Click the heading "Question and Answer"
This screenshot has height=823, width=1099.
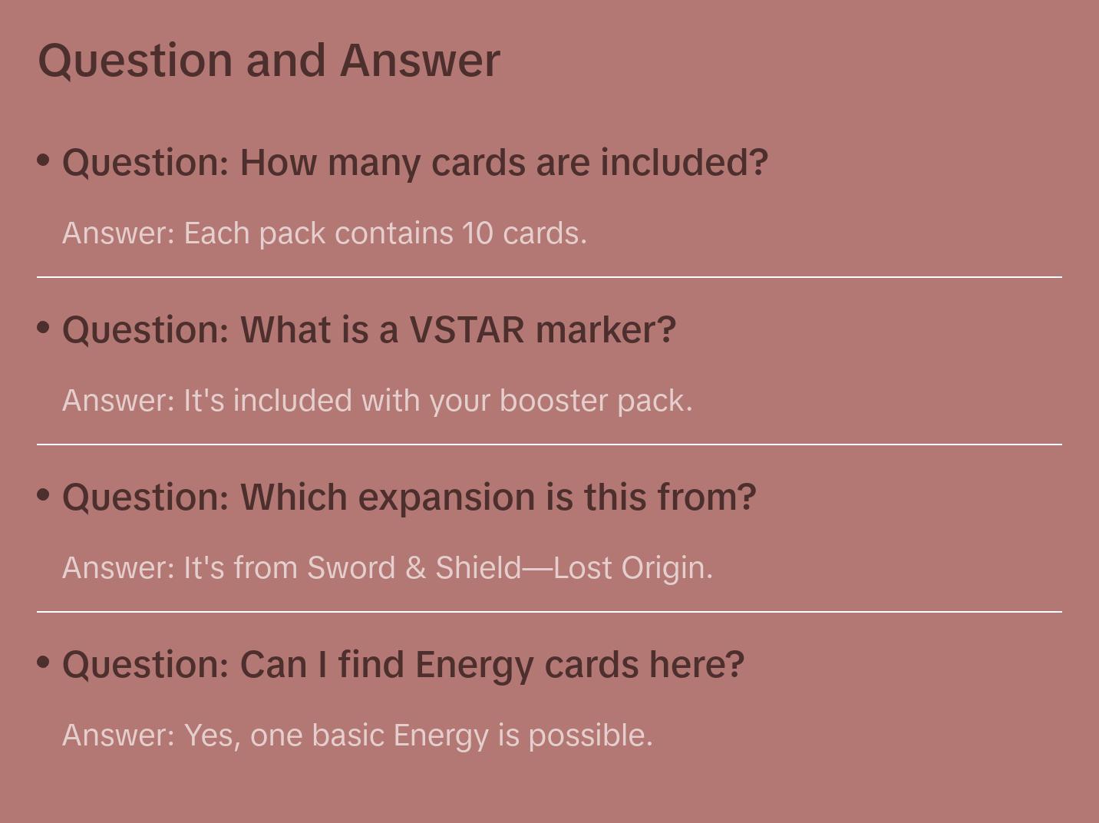click(x=269, y=61)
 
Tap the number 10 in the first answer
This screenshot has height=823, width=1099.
click(x=477, y=233)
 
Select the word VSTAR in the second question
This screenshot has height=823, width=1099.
click(x=467, y=330)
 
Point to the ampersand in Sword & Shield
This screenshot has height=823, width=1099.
click(x=415, y=568)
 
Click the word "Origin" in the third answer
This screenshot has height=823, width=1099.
click(x=666, y=569)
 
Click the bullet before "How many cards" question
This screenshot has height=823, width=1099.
click(x=44, y=160)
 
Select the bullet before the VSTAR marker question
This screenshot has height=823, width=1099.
click(x=44, y=327)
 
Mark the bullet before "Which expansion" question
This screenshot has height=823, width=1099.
click(x=44, y=494)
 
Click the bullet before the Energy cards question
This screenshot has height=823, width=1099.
click(x=44, y=662)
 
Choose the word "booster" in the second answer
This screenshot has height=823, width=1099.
click(x=553, y=401)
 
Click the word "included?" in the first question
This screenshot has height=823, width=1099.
click(x=684, y=163)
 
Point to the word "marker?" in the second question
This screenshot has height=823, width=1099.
click(x=606, y=330)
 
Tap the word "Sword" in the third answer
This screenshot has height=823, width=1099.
click(x=351, y=568)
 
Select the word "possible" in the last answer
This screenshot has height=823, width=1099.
click(x=591, y=736)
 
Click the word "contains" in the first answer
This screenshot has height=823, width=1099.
click(x=394, y=234)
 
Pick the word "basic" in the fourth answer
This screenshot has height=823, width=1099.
click(x=348, y=735)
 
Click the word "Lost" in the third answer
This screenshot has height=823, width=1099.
click(x=583, y=568)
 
